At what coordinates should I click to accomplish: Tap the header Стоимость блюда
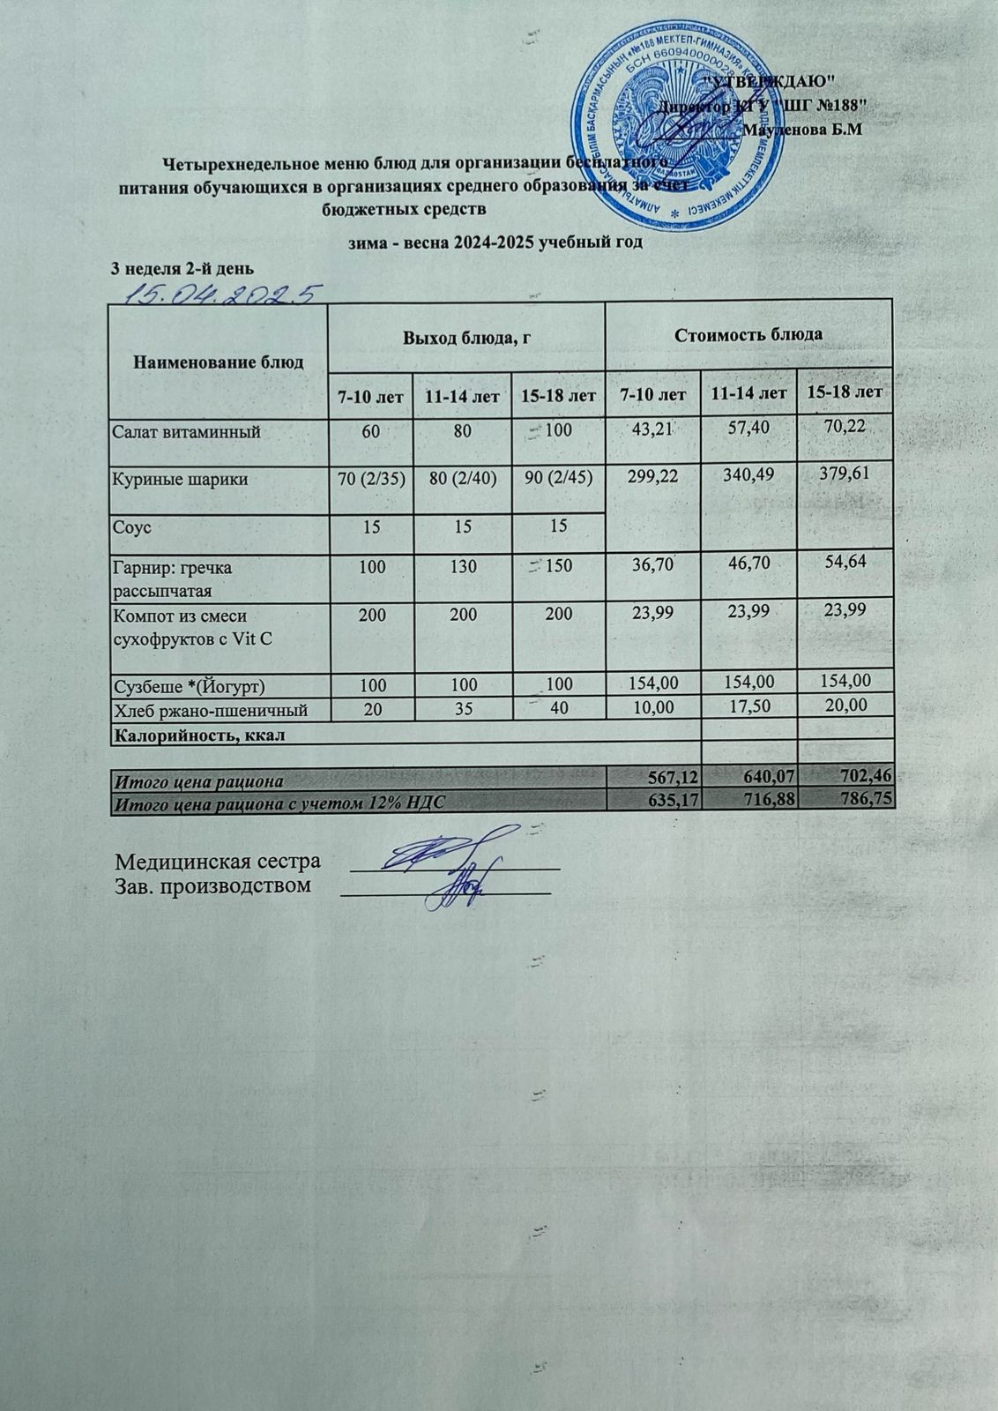(x=748, y=334)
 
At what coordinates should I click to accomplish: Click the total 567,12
(x=670, y=780)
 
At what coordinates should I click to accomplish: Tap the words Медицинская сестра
(x=218, y=861)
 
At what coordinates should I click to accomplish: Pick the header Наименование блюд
(x=219, y=362)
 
